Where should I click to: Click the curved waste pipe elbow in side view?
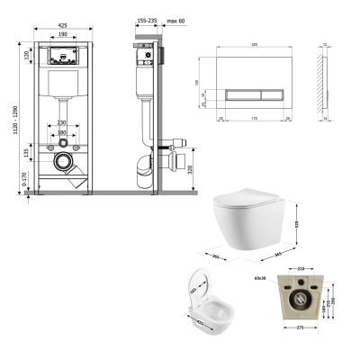[144, 162]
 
